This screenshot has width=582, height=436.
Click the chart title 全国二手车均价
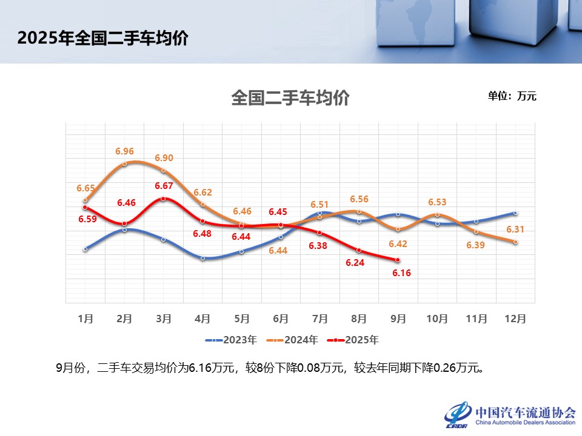click(290, 98)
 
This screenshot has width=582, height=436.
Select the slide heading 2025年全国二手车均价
click(102, 39)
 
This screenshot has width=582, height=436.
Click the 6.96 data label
click(124, 151)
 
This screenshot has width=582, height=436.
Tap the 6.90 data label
click(164, 158)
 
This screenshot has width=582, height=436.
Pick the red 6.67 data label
click(164, 186)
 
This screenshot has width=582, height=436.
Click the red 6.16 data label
click(401, 273)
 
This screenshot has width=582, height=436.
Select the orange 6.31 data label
click(515, 230)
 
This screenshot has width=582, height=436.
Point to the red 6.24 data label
click(355, 263)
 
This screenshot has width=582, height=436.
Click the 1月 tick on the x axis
click(85, 318)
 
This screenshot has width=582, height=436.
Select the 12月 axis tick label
click(515, 318)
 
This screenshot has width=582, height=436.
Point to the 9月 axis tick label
click(398, 318)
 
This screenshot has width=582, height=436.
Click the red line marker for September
click(398, 260)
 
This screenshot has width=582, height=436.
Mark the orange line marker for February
click(124, 163)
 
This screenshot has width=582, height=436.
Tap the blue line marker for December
click(515, 213)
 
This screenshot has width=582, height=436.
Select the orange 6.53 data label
click(437, 202)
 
